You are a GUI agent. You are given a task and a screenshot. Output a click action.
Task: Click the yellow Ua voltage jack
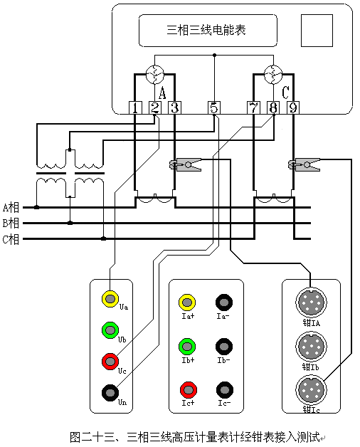(x=110, y=298)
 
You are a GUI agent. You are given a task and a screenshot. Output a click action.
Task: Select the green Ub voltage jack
(x=110, y=330)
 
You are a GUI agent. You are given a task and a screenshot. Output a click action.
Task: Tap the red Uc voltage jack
(x=110, y=361)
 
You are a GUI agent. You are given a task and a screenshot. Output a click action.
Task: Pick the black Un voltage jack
(x=110, y=392)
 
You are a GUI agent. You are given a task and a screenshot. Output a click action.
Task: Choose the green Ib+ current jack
(x=187, y=347)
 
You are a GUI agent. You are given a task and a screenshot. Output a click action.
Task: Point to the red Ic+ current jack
(x=187, y=389)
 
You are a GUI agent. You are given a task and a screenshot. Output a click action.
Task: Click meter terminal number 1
(x=135, y=108)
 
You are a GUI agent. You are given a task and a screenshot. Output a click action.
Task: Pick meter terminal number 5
(x=214, y=108)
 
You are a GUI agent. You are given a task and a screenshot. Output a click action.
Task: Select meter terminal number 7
(x=254, y=108)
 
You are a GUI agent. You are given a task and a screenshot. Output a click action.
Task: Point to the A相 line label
(x=11, y=208)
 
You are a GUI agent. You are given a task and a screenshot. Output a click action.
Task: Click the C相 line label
(x=11, y=239)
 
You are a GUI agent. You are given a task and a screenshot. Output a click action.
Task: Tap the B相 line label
(x=11, y=223)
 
